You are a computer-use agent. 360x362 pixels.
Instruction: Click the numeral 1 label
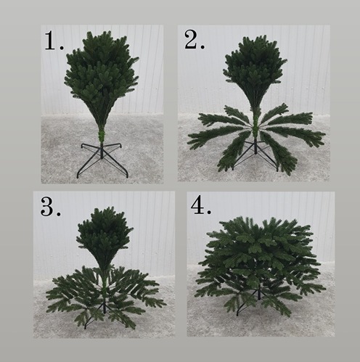[51, 41]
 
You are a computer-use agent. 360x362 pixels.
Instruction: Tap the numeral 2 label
[190, 40]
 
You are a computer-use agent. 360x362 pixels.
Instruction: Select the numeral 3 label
[46, 206]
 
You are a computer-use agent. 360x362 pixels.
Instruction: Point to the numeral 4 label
[197, 206]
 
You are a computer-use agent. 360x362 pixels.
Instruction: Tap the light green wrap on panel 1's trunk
[102, 136]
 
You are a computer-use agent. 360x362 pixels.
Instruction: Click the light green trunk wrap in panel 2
[255, 125]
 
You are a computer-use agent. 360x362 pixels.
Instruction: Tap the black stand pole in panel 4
[259, 292]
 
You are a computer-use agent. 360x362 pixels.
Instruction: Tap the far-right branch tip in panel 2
[324, 134]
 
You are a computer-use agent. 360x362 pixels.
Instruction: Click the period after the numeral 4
[209, 213]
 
